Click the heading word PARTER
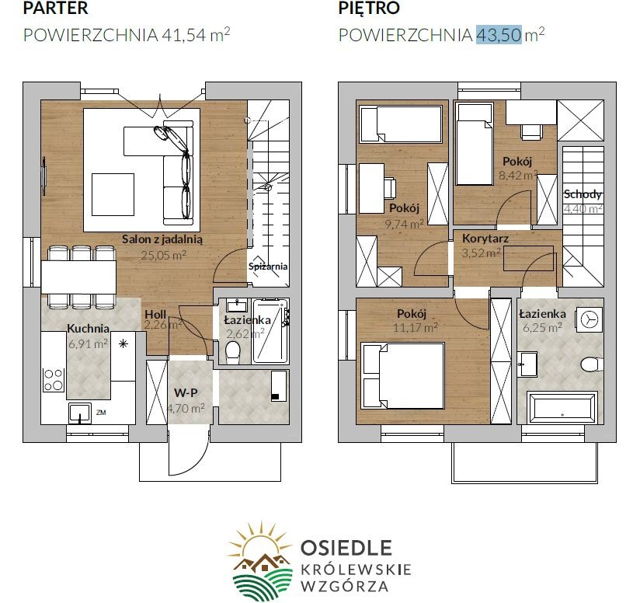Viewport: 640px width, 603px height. pyautogui.click(x=55, y=8)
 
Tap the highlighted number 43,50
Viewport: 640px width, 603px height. pyautogui.click(x=499, y=34)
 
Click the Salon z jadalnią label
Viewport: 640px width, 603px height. pyautogui.click(x=162, y=239)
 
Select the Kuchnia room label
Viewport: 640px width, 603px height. pyautogui.click(x=88, y=328)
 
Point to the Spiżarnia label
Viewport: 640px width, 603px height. pyautogui.click(x=268, y=267)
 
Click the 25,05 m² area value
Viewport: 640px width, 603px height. pyautogui.click(x=163, y=255)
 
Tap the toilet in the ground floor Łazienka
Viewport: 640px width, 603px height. pyautogui.click(x=233, y=351)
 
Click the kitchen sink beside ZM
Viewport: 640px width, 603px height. pyautogui.click(x=80, y=413)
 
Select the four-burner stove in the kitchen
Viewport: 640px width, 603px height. pyautogui.click(x=54, y=380)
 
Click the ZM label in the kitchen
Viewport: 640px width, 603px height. pyautogui.click(x=101, y=413)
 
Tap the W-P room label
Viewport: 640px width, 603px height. pyautogui.click(x=186, y=393)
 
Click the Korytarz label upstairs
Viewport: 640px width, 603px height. pyautogui.click(x=485, y=238)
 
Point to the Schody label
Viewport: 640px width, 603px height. pyautogui.click(x=583, y=194)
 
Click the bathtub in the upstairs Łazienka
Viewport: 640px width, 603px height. pyautogui.click(x=562, y=408)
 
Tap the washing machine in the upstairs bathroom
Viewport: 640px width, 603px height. pyautogui.click(x=589, y=319)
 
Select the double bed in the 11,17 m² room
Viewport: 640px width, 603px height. pyautogui.click(x=403, y=375)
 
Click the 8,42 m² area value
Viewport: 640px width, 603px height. pyautogui.click(x=517, y=175)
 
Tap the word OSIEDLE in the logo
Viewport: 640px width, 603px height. pyautogui.click(x=346, y=548)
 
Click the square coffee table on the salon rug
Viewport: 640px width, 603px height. pyautogui.click(x=113, y=194)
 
